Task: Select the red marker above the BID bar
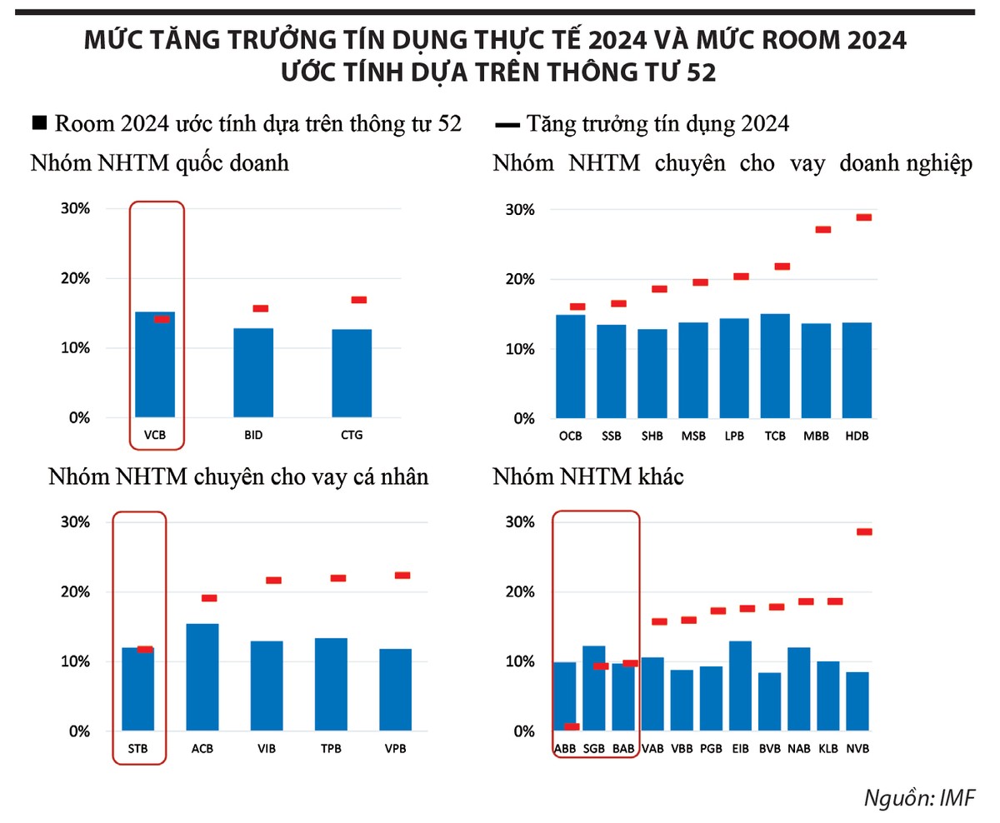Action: pos(260,309)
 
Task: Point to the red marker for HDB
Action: pos(863,217)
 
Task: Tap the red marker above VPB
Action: pos(402,576)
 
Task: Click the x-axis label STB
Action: pos(138,748)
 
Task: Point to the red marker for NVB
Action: pos(863,531)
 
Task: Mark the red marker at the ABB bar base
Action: pos(571,726)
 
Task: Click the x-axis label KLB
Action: pos(828,748)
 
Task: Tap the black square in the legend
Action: pos(38,124)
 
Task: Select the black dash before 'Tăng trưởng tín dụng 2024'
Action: pos(506,125)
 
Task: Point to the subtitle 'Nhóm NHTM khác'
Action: pos(588,477)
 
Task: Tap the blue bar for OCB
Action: pos(572,367)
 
